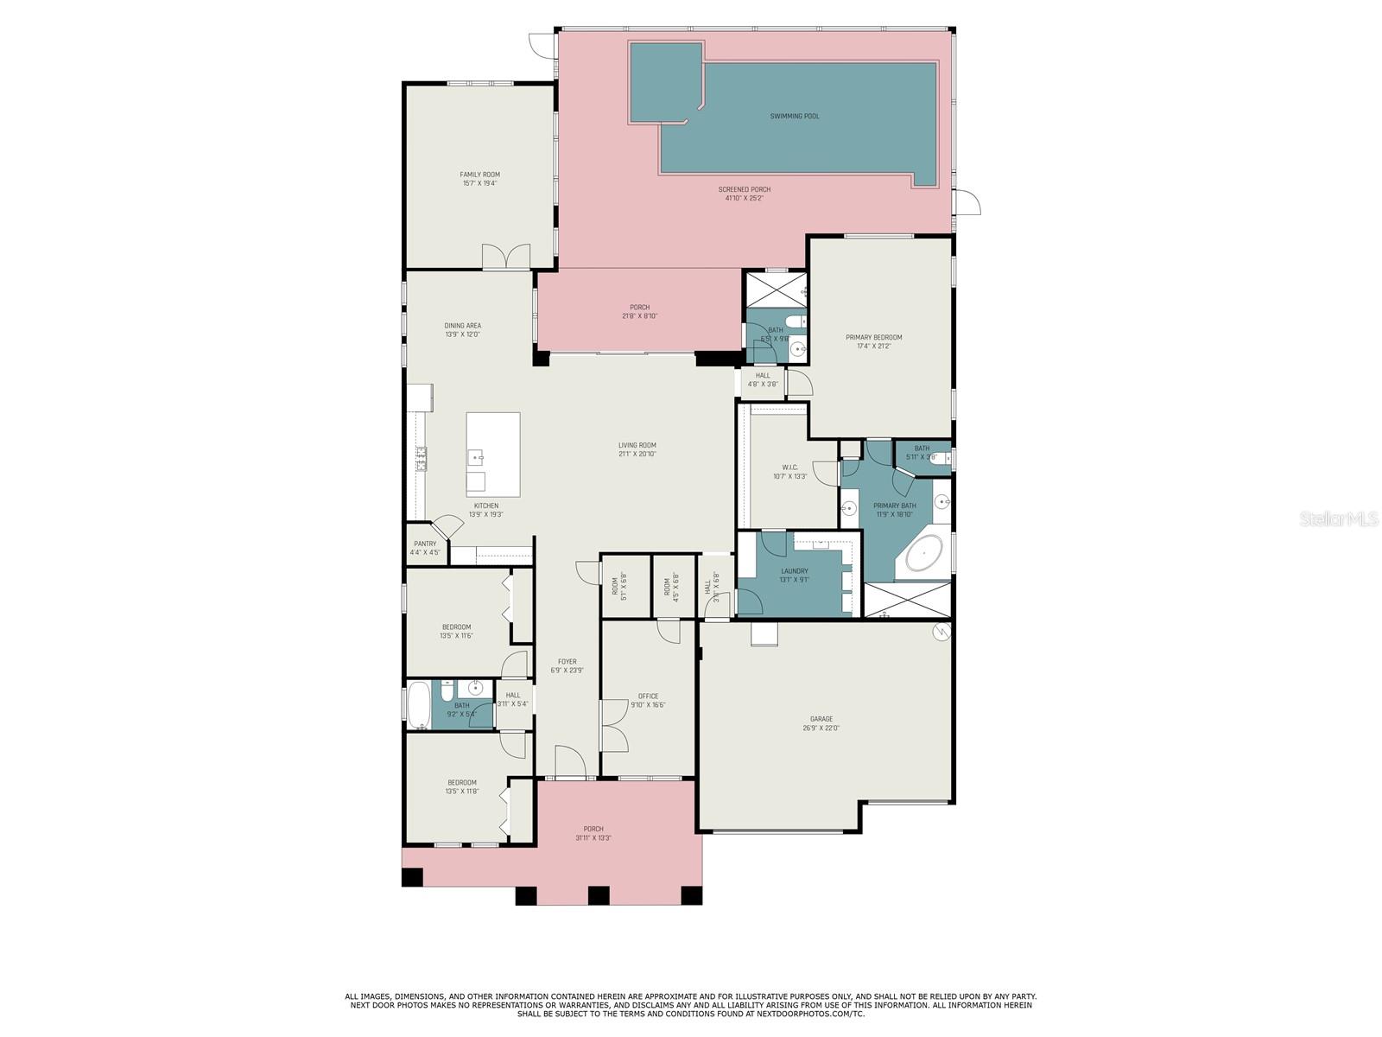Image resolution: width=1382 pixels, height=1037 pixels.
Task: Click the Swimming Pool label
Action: click(795, 116)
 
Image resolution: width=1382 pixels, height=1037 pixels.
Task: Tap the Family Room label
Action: click(479, 175)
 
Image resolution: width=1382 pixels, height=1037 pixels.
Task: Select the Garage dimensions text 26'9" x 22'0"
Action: click(821, 728)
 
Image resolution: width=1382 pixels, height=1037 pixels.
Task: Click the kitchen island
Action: click(493, 455)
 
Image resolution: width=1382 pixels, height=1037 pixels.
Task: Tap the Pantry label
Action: click(425, 544)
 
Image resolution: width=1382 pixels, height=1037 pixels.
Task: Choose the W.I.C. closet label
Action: click(790, 468)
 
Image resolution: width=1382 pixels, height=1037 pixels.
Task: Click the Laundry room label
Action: click(795, 571)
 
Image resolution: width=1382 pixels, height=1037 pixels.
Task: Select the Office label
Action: click(648, 697)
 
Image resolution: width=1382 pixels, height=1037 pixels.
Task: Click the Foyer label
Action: click(567, 662)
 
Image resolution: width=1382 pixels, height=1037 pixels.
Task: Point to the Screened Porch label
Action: click(744, 189)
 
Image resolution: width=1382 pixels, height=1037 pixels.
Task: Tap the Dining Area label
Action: click(462, 326)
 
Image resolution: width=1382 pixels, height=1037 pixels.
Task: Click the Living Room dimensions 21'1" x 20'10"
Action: click(637, 454)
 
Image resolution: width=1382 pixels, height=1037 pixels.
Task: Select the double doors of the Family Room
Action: click(505, 257)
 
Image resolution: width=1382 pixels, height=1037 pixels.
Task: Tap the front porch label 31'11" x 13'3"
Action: click(593, 838)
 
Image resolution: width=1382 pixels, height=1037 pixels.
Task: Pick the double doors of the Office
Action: click(613, 726)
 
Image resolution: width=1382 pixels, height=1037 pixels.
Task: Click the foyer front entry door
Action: click(570, 763)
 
